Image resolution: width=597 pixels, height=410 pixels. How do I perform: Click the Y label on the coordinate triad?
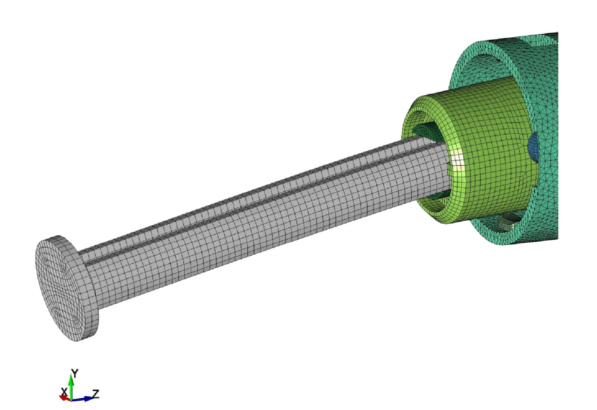click(x=75, y=373)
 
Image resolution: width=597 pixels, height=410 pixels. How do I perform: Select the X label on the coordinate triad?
click(x=64, y=392)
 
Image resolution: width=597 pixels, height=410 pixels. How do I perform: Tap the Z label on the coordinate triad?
click(x=96, y=394)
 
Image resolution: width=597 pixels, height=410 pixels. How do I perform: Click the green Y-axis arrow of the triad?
click(x=71, y=386)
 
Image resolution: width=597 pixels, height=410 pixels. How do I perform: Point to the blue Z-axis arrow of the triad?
click(x=82, y=399)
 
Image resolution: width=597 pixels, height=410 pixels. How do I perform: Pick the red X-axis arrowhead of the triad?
click(x=63, y=398)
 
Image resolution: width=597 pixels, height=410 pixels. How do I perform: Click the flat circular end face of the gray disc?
click(x=57, y=289)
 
